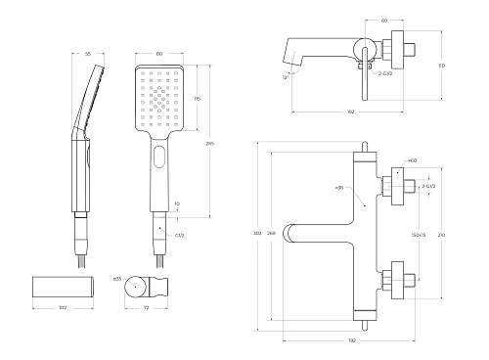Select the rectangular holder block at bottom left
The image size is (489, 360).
pyautogui.click(x=64, y=286)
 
